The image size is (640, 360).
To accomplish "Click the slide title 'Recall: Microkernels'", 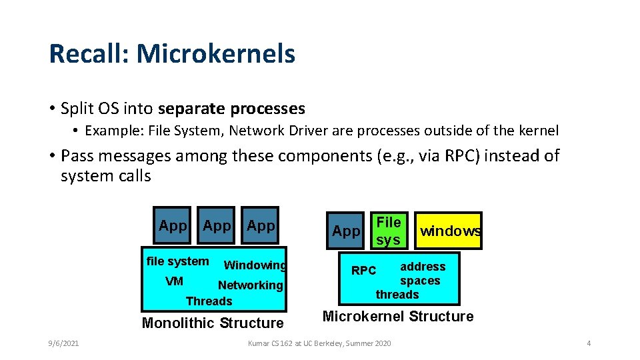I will [x=172, y=54].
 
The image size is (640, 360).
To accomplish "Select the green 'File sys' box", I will [x=389, y=231].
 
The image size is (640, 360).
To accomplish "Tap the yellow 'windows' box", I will [x=449, y=231].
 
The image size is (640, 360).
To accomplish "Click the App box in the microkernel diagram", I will [x=345, y=231].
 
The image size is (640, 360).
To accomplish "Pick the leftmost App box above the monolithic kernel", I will [x=173, y=225].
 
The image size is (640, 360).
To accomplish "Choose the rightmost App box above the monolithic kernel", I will [x=261, y=225].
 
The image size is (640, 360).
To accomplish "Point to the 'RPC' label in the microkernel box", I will [x=364, y=271].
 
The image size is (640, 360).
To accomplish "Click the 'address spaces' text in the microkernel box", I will [x=421, y=273].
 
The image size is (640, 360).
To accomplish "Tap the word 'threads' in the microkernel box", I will [x=397, y=295].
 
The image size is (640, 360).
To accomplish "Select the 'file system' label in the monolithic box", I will [x=177, y=261].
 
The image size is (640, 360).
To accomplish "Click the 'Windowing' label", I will [x=255, y=265].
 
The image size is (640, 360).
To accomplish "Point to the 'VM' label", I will [x=174, y=281].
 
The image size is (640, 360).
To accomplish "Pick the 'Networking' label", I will [x=251, y=285].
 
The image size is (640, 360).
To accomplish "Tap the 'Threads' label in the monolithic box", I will [x=209, y=301].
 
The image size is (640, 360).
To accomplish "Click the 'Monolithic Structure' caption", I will [x=213, y=323].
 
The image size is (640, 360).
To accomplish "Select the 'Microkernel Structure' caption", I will [x=398, y=317].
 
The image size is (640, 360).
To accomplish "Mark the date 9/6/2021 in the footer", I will [x=63, y=343].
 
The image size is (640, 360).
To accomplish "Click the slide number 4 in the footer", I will [x=589, y=343].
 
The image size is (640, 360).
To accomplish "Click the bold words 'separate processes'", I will [x=231, y=109].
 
